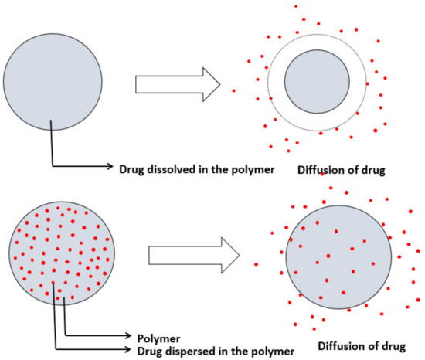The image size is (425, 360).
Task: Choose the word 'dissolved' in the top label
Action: click(169, 166)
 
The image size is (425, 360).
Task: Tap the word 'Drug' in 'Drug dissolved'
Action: click(131, 166)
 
